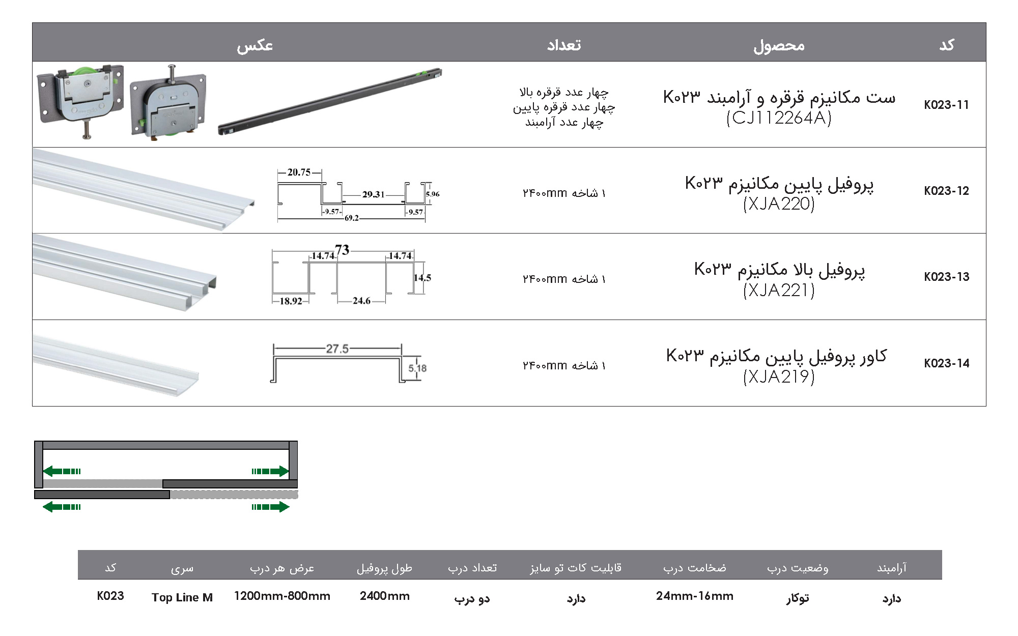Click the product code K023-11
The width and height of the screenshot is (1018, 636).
pos(946,105)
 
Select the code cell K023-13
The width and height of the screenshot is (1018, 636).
pos(946,277)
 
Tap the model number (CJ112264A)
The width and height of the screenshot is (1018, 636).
pos(779,118)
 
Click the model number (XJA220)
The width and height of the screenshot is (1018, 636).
pos(779,204)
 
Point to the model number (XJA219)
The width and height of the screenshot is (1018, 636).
pos(779,377)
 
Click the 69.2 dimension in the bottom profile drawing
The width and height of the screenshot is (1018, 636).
pos(351,218)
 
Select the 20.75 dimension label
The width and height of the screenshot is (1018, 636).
pos(299,172)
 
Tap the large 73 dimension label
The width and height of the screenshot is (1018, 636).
pos(342,250)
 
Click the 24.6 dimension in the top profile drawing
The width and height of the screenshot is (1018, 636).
pos(361,301)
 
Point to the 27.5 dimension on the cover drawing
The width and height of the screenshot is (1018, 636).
pos(337,349)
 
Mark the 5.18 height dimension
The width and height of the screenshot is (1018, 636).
pos(417,368)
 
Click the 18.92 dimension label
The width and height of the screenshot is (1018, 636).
pos(291,301)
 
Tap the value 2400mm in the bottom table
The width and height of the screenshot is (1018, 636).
pos(384,596)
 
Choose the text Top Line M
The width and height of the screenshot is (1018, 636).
pos(182,597)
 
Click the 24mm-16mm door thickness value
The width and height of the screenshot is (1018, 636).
pos(694,596)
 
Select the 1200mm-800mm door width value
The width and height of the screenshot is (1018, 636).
pos(282,596)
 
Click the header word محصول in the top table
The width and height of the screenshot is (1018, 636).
pos(779,45)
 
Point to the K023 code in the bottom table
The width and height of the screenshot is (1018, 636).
pos(110,596)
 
